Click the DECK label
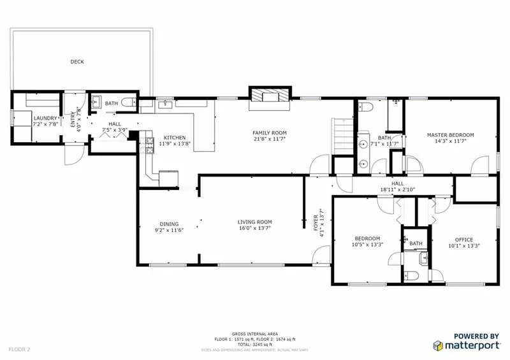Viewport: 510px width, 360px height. coord(77,62)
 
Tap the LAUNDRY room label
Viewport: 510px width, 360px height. coord(45,118)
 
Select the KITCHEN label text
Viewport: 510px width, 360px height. coord(175,138)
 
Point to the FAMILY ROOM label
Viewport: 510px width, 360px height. coord(270,132)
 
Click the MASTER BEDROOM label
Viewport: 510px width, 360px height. coord(451,134)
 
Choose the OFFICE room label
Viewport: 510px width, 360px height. coord(463,240)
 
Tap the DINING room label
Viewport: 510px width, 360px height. coord(169,224)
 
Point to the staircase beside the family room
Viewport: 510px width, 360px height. coord(341,136)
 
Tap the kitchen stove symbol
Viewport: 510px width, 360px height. coord(150,143)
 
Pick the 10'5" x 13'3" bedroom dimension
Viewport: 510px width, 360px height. coord(367,245)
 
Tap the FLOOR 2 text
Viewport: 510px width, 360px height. coord(20,349)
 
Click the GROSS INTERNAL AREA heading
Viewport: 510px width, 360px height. coord(254,333)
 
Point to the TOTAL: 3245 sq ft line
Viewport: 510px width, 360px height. coord(254,344)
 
